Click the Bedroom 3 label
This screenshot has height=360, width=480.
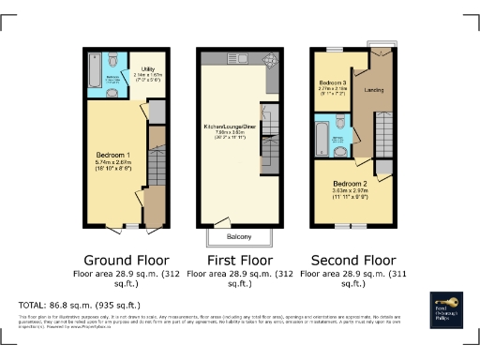coord(333,83)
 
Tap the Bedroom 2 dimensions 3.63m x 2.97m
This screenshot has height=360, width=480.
coord(350,191)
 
